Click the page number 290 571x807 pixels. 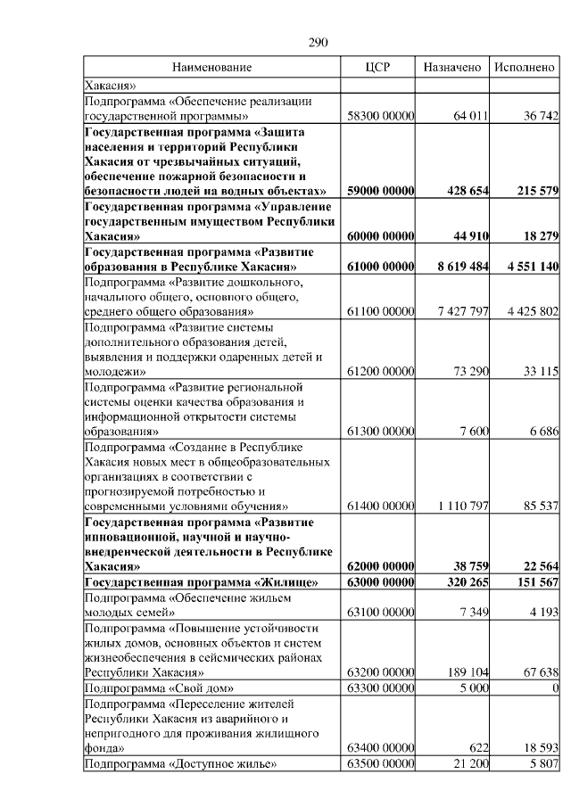click(x=319, y=41)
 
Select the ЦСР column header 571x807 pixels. click(x=379, y=68)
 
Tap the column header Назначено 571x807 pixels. click(x=452, y=68)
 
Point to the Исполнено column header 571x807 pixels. click(x=525, y=68)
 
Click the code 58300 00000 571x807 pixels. click(x=380, y=116)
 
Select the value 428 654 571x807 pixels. click(x=462, y=191)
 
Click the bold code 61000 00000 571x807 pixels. click(x=380, y=267)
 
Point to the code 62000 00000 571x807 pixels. click(x=380, y=566)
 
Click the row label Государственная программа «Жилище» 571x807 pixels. click(x=202, y=582)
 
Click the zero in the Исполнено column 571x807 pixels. click(x=555, y=688)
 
